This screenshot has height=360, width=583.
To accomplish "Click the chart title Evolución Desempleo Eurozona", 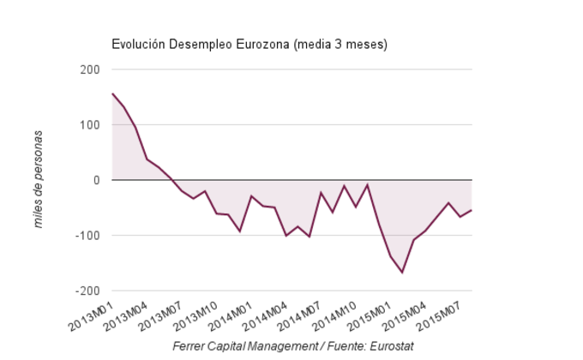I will tap(249, 45).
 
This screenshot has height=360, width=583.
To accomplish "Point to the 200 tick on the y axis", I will tap(89, 69).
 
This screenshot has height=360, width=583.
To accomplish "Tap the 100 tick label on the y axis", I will tap(89, 125).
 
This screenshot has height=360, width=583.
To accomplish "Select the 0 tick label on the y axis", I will tap(97, 180).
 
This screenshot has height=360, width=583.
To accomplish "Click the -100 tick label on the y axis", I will tap(87, 236).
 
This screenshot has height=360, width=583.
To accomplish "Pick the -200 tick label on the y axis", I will tap(87, 291).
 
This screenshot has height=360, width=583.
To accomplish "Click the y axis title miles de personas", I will tap(39, 180).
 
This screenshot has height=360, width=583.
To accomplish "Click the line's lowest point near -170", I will tap(402, 273).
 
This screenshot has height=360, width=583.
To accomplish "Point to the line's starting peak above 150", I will tap(112, 93).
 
